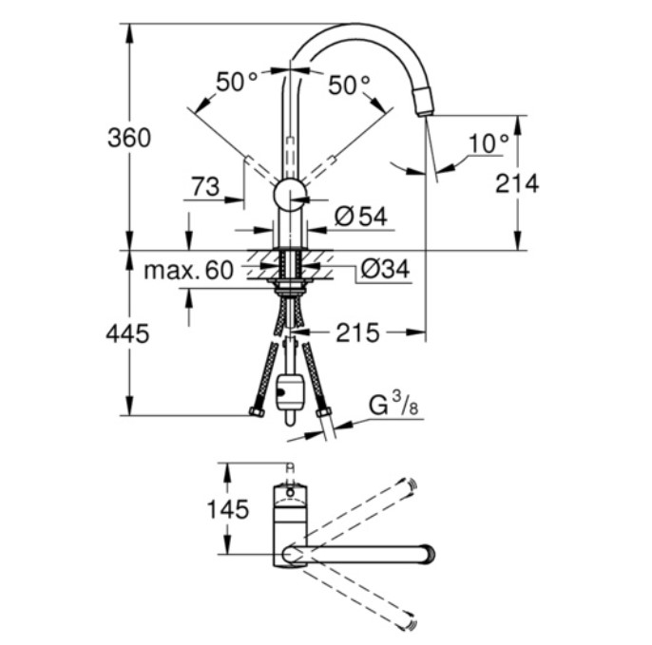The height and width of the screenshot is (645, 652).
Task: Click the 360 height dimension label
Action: [129, 138]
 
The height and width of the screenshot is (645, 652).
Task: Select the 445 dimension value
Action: [127, 333]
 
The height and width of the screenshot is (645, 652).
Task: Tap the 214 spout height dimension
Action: [517, 183]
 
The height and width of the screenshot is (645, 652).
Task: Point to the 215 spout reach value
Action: [357, 332]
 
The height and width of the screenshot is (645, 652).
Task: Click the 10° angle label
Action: [489, 143]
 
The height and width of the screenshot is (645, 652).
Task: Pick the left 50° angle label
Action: [236, 82]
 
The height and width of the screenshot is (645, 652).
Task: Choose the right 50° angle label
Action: [349, 85]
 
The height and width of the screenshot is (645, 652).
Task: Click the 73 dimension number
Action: [205, 186]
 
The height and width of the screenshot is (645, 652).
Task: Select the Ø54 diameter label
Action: [361, 217]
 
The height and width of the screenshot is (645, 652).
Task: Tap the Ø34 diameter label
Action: [386, 269]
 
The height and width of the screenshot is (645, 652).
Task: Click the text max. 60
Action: [188, 270]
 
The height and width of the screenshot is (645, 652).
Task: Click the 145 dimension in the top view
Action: [228, 509]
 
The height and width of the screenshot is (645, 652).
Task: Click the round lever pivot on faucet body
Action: [290, 195]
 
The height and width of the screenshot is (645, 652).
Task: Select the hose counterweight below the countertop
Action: [290, 392]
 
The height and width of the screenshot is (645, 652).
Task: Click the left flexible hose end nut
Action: [258, 412]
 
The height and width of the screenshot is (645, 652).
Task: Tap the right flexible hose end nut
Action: [323, 412]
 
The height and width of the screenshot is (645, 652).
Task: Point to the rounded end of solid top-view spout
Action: [429, 554]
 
